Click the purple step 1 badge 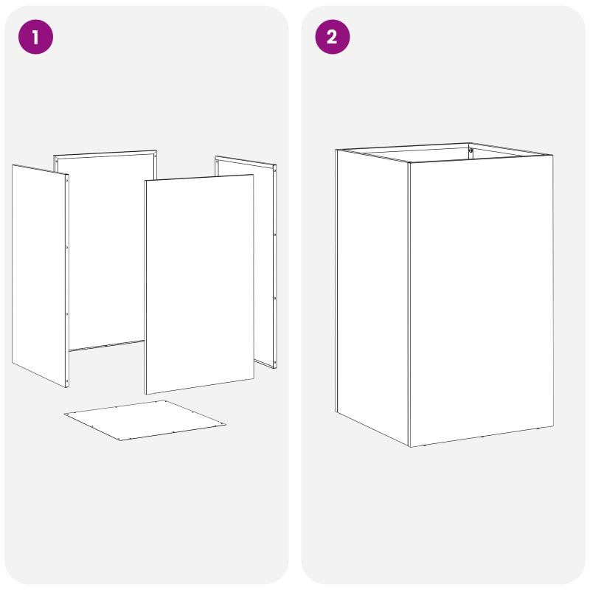pos(35,37)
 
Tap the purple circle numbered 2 pos(333,37)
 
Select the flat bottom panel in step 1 pos(145,420)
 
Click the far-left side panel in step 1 pos(41,275)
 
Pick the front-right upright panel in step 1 pos(199,285)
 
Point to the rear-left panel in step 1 pos(106,249)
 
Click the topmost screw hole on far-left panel pos(67,181)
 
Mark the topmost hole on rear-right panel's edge pos(274,171)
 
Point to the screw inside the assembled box pos(471,150)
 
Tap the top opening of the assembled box pos(444,152)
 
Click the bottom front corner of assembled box pos(410,447)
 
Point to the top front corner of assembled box pos(409,163)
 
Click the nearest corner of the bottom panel pos(119,440)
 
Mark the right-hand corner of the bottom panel pos(226,425)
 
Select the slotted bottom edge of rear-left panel pos(106,345)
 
